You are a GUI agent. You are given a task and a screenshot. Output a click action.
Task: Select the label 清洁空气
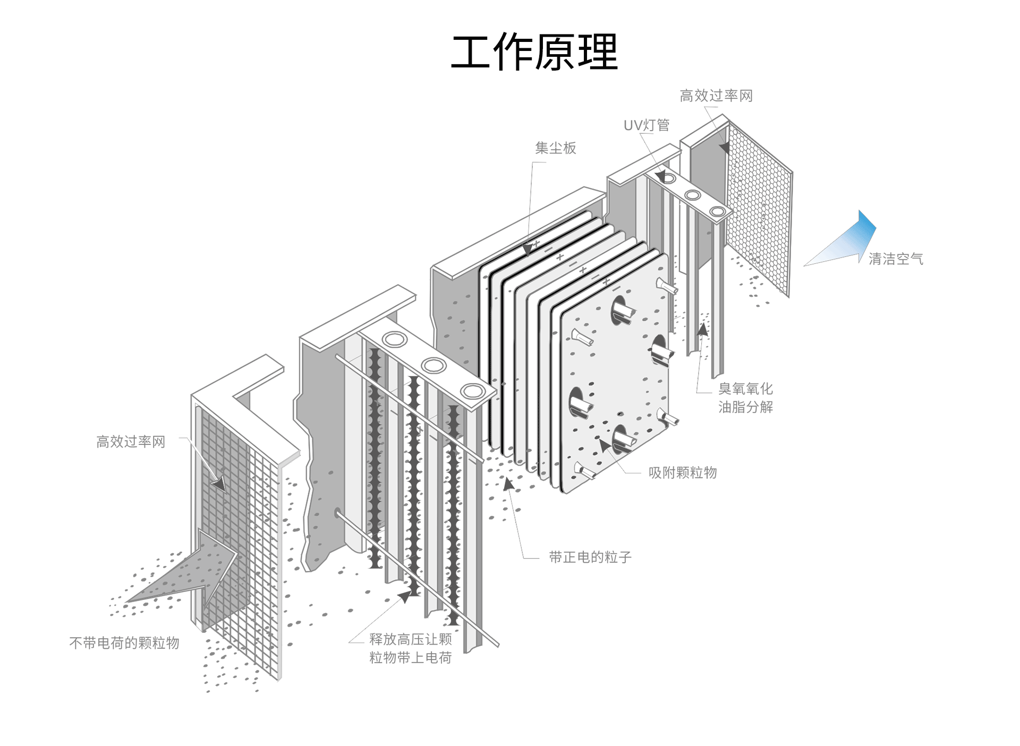click(x=896, y=259)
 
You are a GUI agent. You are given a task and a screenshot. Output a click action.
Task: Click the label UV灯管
click(x=646, y=125)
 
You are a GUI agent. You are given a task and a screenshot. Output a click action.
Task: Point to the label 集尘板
click(x=555, y=148)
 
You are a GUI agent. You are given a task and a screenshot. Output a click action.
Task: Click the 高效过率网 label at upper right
click(x=716, y=96)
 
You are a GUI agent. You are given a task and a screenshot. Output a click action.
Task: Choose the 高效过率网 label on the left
click(x=131, y=442)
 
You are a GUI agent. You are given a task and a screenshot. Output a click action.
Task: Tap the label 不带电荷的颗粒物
click(x=124, y=643)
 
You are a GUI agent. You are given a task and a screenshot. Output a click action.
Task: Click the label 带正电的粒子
click(x=590, y=557)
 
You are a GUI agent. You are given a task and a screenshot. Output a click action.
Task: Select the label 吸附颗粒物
click(x=683, y=473)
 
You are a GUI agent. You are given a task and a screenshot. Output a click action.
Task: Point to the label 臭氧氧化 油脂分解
click(x=745, y=398)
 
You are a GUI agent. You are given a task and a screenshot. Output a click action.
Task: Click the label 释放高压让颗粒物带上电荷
click(x=410, y=648)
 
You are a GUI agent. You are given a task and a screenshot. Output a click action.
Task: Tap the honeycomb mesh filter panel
click(x=760, y=207)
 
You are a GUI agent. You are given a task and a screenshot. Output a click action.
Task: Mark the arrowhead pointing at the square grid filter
click(x=218, y=484)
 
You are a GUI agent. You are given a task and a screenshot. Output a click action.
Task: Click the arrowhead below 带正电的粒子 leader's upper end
click(x=508, y=484)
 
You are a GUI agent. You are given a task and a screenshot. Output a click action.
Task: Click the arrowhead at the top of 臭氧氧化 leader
click(x=703, y=329)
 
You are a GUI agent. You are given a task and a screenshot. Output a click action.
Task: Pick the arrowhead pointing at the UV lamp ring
click(x=660, y=176)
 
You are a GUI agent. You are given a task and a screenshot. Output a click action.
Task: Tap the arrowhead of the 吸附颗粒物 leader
click(x=605, y=445)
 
